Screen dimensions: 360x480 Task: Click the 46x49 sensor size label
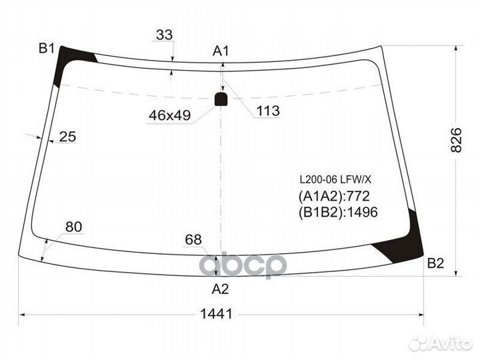click(x=169, y=115)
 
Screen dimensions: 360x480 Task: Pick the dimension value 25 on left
click(x=67, y=137)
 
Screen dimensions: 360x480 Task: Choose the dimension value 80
click(x=73, y=227)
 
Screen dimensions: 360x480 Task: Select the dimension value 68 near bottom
click(x=194, y=239)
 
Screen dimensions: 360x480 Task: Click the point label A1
click(x=221, y=51)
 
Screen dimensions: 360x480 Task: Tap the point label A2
click(x=220, y=289)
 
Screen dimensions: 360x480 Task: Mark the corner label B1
click(x=46, y=48)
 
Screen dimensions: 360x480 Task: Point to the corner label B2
click(x=435, y=263)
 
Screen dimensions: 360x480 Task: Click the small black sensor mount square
click(x=221, y=100)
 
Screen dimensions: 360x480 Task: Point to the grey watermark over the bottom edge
click(x=243, y=264)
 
